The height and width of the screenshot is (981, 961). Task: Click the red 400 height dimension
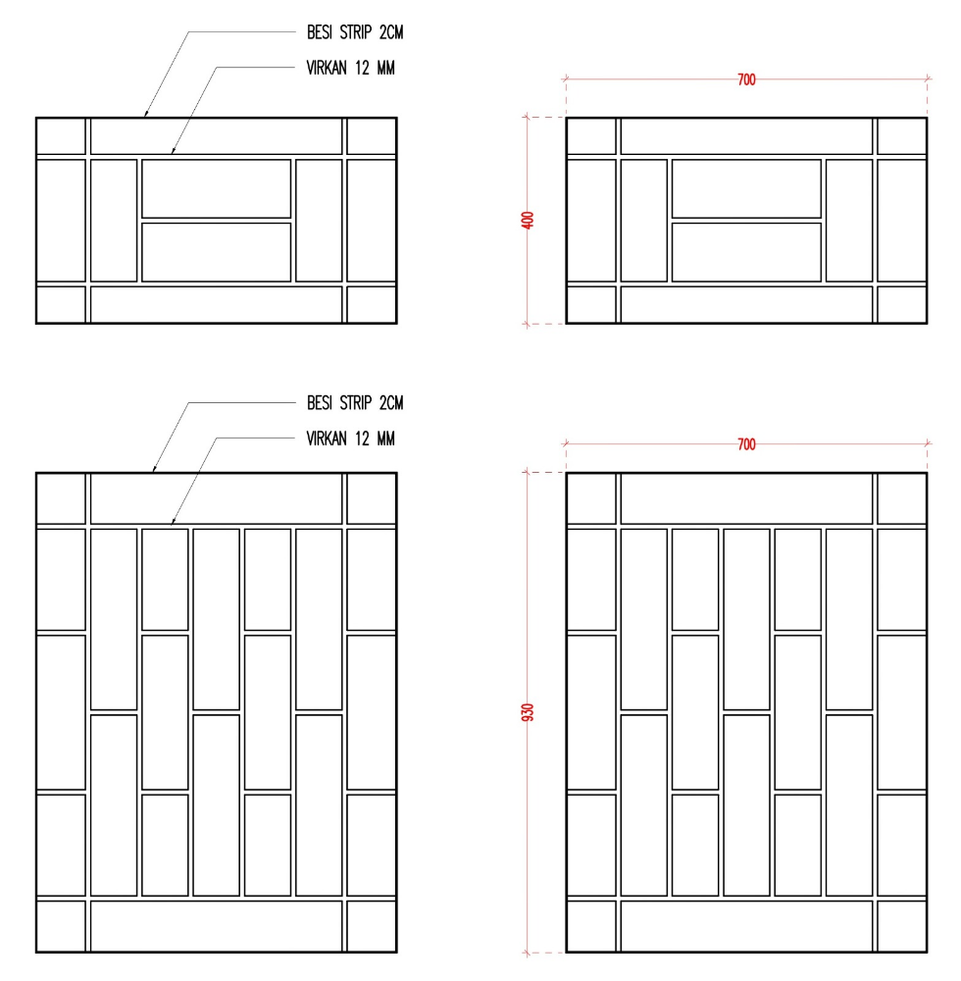pyautogui.click(x=528, y=220)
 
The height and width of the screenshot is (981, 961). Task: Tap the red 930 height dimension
pyautogui.click(x=528, y=712)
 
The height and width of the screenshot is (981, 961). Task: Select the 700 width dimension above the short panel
pyautogui.click(x=746, y=79)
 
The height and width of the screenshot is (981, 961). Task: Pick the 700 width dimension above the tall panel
pyautogui.click(x=746, y=444)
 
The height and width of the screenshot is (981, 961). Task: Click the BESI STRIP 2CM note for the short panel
pyautogui.click(x=355, y=32)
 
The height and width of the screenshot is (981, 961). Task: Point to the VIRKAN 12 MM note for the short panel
pyautogui.click(x=351, y=68)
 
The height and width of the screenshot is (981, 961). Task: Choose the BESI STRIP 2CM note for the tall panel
pyautogui.click(x=355, y=403)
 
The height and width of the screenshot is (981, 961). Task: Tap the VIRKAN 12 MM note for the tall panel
pyautogui.click(x=351, y=439)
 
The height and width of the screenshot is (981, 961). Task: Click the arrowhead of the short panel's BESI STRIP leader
pyautogui.click(x=146, y=114)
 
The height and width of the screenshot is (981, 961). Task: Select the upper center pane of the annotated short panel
pyautogui.click(x=217, y=188)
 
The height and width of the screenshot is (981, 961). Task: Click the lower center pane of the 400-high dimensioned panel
pyautogui.click(x=746, y=252)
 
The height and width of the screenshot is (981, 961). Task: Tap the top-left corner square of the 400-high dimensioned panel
pyautogui.click(x=591, y=135)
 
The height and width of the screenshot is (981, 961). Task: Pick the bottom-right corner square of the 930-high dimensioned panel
pyautogui.click(x=901, y=927)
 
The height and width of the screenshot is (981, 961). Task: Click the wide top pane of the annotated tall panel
pyautogui.click(x=217, y=498)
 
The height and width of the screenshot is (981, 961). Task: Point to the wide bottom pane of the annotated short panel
pyautogui.click(x=217, y=305)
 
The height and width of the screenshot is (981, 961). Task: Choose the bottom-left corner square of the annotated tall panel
pyautogui.click(x=61, y=927)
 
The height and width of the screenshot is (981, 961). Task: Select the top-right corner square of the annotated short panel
pyautogui.click(x=372, y=135)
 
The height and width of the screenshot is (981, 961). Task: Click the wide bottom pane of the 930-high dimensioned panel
pyautogui.click(x=746, y=927)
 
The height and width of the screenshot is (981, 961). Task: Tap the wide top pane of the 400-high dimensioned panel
pyautogui.click(x=746, y=135)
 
